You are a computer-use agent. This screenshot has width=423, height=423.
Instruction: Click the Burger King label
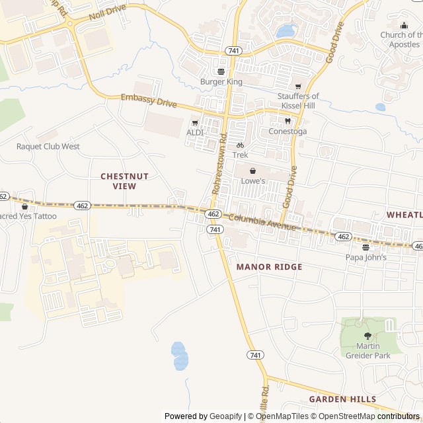[221, 82]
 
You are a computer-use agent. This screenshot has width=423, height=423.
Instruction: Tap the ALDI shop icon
[194, 123]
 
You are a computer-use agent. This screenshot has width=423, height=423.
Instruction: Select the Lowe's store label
[252, 180]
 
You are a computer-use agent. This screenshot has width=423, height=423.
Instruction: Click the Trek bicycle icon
[240, 145]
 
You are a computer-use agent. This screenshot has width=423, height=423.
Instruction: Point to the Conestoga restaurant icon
[288, 121]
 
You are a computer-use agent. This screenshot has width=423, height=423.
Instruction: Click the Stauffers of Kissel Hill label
[297, 100]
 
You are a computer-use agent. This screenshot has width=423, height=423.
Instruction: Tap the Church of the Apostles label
[401, 39]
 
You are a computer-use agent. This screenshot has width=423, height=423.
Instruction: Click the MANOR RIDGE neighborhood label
[269, 267]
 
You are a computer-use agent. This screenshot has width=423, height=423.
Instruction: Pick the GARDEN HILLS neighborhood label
[342, 399]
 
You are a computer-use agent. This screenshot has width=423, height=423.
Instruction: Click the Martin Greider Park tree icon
[368, 336]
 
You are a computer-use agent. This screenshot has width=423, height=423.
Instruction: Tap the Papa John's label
[365, 257]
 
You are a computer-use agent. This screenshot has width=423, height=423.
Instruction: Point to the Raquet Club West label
[48, 146]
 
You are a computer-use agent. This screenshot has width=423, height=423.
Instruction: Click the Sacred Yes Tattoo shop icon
[25, 207]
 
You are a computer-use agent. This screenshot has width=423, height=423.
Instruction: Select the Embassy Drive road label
[149, 100]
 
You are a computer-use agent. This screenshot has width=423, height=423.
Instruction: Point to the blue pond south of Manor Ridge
[179, 356]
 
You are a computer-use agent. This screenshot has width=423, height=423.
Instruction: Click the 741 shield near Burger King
[233, 50]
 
